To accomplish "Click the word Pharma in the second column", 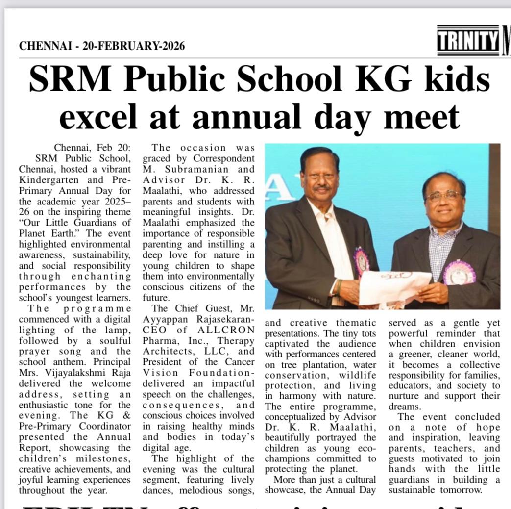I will coord(159,340).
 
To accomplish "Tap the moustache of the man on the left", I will coord(321,188).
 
